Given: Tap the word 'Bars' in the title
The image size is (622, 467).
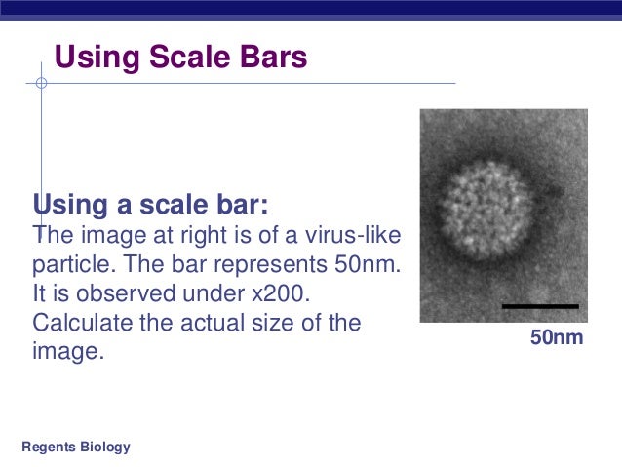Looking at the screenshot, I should click(x=274, y=58).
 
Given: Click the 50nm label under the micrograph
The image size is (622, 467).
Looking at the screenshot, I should click(x=556, y=338).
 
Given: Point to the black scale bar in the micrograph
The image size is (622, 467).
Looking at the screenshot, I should click(x=539, y=306).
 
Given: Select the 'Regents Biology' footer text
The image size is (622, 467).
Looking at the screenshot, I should click(x=75, y=448).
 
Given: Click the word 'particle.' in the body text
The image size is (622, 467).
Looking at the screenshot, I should click(x=72, y=264).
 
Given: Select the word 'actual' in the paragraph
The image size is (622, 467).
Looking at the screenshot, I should click(x=235, y=323).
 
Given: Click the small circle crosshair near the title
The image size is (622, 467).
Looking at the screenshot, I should click(x=41, y=83).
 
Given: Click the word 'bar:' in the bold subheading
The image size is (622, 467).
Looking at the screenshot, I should click(x=241, y=206).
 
